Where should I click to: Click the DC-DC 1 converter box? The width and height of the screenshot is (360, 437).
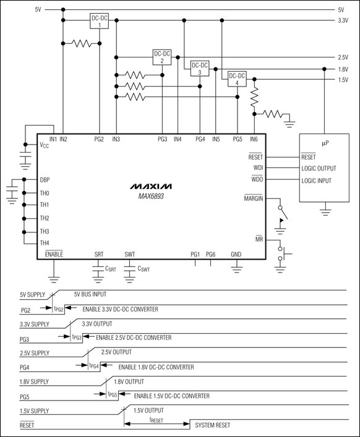(x=100, y=22)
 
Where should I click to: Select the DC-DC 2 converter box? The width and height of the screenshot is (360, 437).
(x=162, y=57)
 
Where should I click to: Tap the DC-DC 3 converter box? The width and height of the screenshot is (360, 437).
(x=200, y=69)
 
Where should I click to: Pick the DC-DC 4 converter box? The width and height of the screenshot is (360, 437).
(x=237, y=79)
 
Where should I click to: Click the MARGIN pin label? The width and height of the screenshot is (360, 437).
(x=254, y=198)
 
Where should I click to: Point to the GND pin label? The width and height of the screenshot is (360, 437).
(x=236, y=254)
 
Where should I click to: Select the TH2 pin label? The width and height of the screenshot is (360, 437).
(x=45, y=218)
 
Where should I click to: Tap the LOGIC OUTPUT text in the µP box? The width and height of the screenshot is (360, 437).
(x=319, y=168)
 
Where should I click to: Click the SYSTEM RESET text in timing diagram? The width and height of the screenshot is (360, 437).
(x=213, y=426)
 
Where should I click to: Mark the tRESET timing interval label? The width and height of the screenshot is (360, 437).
(x=156, y=418)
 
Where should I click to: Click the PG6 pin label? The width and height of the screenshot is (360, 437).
(x=211, y=254)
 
